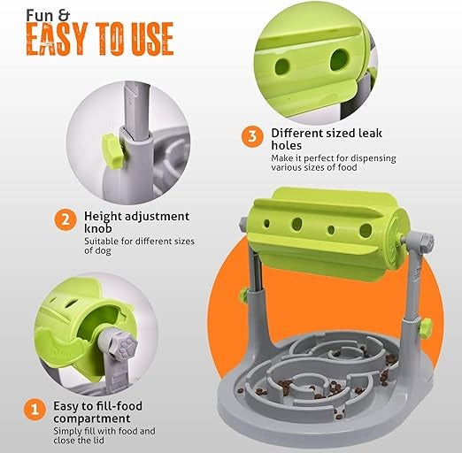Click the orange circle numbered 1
pyautogui.click(x=35, y=410)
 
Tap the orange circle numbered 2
pyautogui.click(x=65, y=219)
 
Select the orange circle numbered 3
pyautogui.click(x=252, y=136)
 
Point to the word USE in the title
pyautogui.click(x=152, y=39)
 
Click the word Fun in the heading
pyautogui.click(x=40, y=16)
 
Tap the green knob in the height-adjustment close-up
pyautogui.click(x=112, y=151)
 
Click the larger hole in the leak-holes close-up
pyautogui.click(x=339, y=60)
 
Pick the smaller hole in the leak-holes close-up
pyautogui.click(x=282, y=66)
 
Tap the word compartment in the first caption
pyautogui.click(x=92, y=418)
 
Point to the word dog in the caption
pyautogui.click(x=104, y=251)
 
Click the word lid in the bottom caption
pyautogui.click(x=99, y=441)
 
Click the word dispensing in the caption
pyautogui.click(x=373, y=158)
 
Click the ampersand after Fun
pyautogui.click(x=63, y=16)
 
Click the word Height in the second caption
pyautogui.click(x=103, y=217)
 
